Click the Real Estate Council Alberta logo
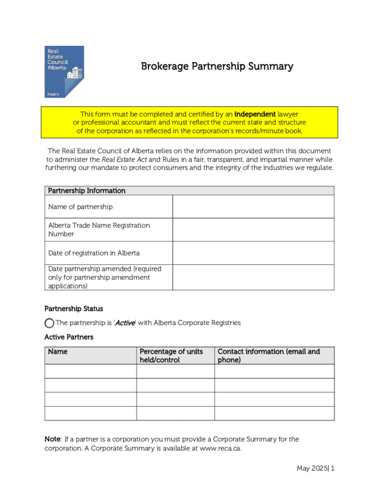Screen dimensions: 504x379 pos(64,71)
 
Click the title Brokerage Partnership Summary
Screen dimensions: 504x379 pos(217,66)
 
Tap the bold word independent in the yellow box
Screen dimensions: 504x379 pos(255,114)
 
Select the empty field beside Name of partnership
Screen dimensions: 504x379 pos(253,207)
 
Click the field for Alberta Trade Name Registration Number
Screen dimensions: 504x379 pos(253,230)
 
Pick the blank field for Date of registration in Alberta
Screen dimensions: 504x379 pos(253,253)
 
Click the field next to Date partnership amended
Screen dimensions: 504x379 pos(253,278)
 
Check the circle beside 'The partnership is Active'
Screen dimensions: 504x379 pos(49,323)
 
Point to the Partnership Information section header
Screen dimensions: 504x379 pos(86,190)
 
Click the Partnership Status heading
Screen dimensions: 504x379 pos(74,309)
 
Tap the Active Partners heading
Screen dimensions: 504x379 pos(69,337)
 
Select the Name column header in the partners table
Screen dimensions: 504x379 pos(58,351)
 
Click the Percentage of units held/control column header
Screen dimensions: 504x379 pos(171,355)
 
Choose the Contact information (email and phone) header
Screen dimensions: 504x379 pos(268,355)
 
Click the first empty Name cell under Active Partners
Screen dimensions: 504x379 pos(91,371)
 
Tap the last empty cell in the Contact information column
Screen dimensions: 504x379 pos(274,413)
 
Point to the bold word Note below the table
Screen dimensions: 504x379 pos(52,439)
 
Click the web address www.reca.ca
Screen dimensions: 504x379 pos(221,448)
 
